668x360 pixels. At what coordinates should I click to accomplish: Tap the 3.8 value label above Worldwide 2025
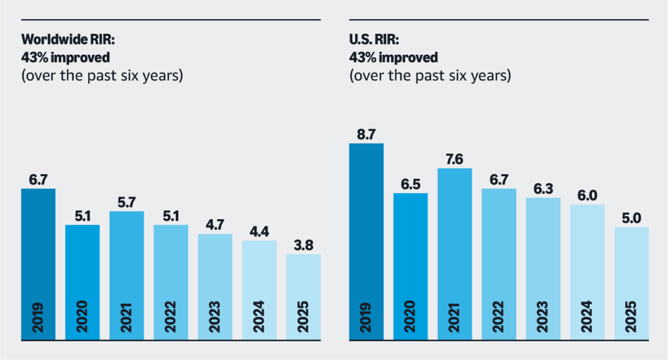[x=303, y=246]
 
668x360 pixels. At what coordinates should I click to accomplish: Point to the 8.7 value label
[x=366, y=135]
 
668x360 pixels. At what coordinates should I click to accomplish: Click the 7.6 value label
[x=454, y=159]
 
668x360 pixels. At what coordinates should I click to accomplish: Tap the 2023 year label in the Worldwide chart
[x=215, y=317]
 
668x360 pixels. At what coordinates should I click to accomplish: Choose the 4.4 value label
[x=259, y=232]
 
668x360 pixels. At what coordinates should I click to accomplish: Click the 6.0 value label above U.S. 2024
[x=587, y=196]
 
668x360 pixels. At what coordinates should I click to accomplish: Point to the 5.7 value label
[x=127, y=203]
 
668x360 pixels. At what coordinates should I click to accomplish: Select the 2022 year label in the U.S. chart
[x=499, y=317]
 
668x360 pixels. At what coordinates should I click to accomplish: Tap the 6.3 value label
[x=543, y=189]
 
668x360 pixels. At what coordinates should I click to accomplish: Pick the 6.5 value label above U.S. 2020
[x=410, y=184]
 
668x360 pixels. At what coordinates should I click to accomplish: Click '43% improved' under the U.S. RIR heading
[x=393, y=58]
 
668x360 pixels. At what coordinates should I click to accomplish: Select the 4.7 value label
[x=215, y=225]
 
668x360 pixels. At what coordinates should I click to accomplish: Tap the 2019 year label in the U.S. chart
[x=366, y=317]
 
